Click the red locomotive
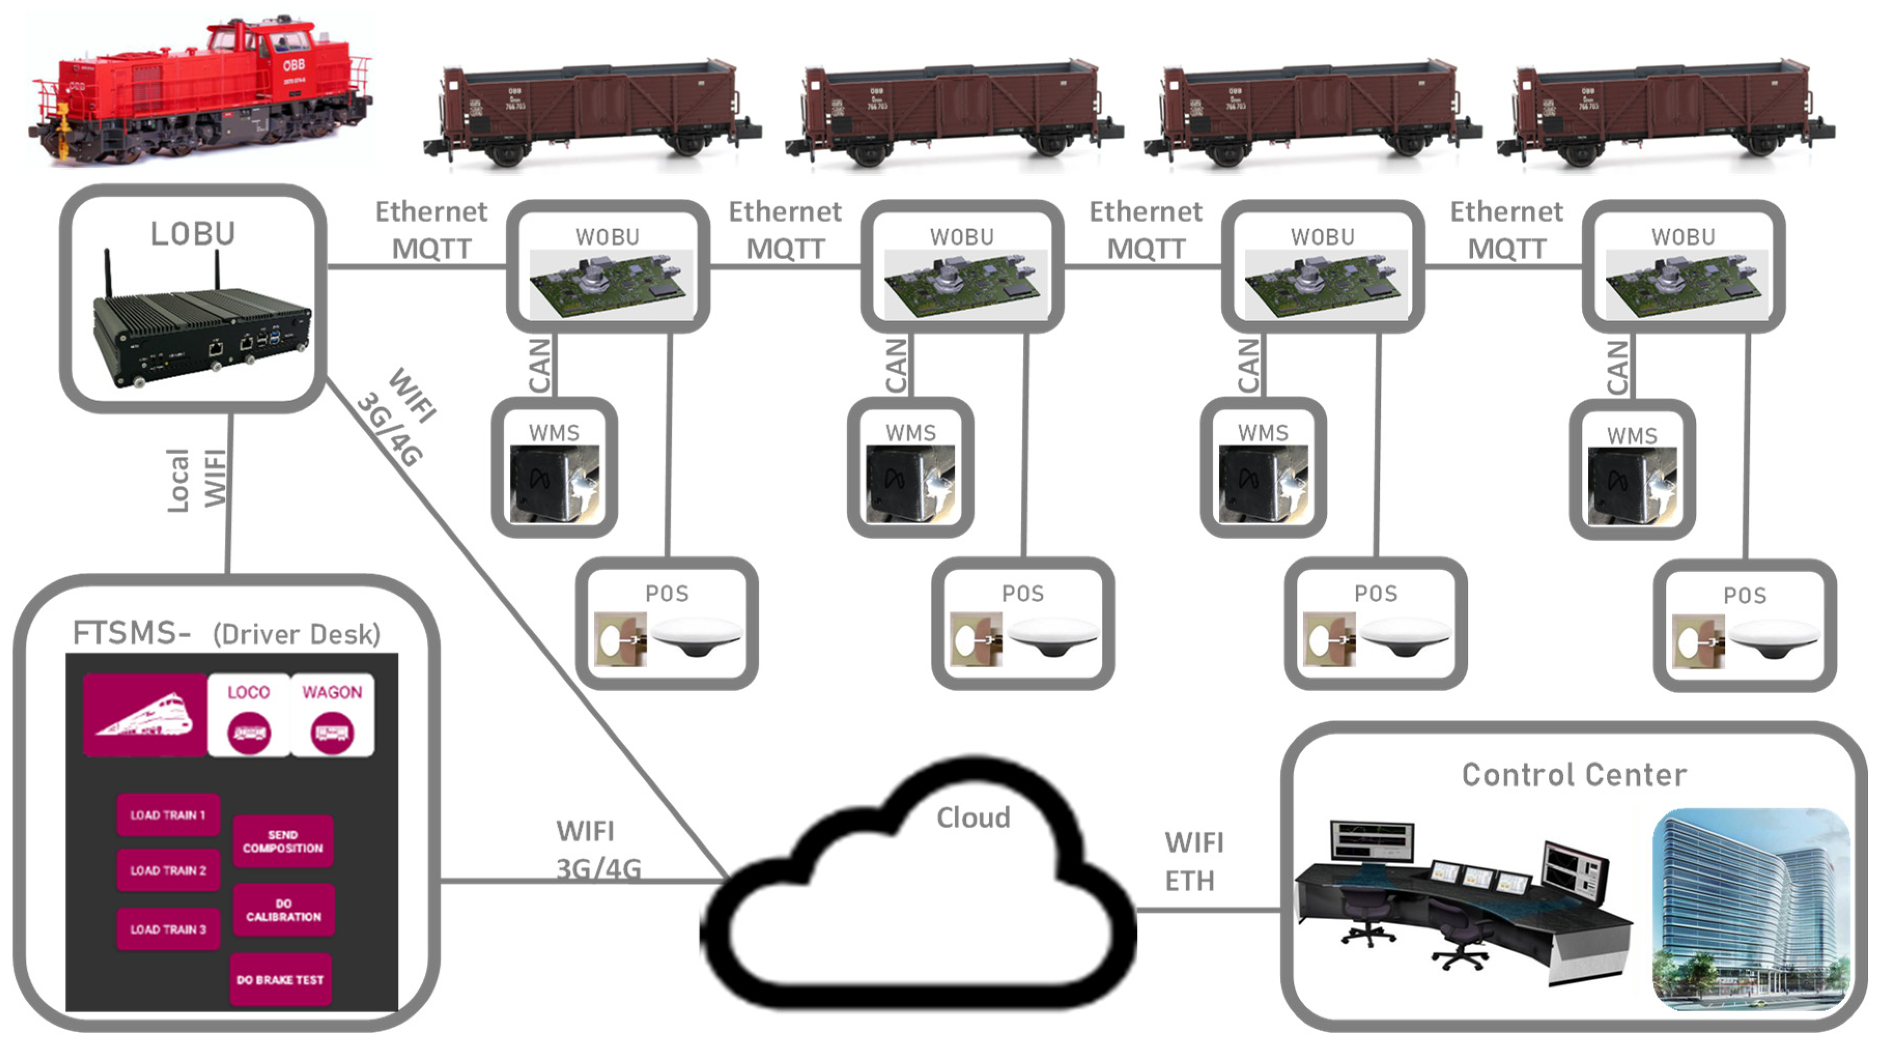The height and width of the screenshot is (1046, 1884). (x=201, y=91)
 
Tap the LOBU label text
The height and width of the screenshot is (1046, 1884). (x=193, y=234)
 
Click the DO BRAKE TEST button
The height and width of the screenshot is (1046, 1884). (x=280, y=980)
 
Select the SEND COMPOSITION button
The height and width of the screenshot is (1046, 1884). (x=282, y=841)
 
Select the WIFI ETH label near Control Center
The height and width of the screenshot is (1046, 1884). (x=1193, y=862)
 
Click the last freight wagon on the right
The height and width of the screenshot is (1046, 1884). (x=1664, y=110)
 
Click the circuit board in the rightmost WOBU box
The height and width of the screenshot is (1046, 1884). (x=1686, y=285)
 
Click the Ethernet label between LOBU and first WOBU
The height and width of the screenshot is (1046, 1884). (x=431, y=212)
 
